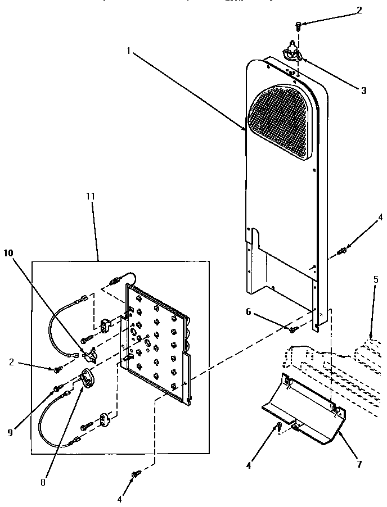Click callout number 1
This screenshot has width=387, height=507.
[128, 51]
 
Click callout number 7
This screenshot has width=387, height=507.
[359, 464]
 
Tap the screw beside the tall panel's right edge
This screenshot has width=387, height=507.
[342, 250]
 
